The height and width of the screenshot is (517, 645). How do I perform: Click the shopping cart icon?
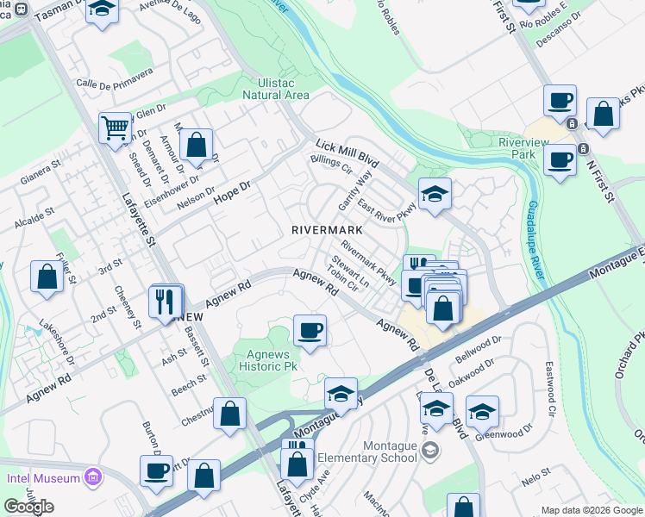click(x=114, y=128)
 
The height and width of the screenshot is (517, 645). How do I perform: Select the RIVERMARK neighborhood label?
click(x=326, y=231)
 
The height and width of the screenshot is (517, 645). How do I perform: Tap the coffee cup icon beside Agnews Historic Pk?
click(x=310, y=331)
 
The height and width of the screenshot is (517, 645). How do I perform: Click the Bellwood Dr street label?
click(x=478, y=348)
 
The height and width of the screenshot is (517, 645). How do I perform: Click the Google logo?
click(x=29, y=507)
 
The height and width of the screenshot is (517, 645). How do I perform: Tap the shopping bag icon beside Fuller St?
click(x=47, y=277)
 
